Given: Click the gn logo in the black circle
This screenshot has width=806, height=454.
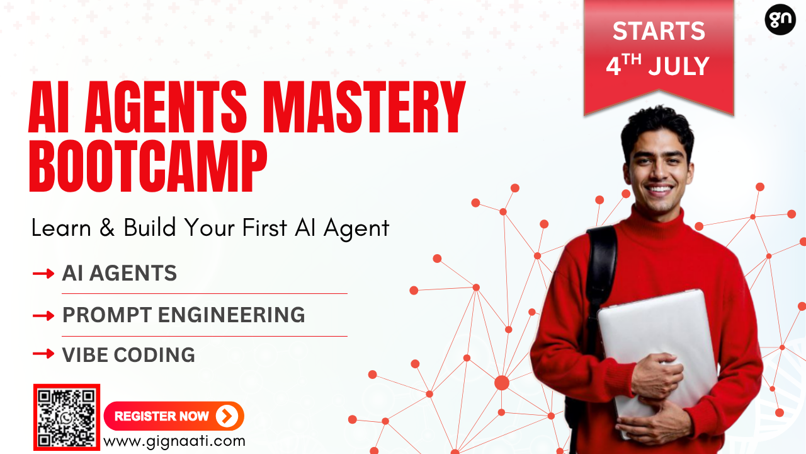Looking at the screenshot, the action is coord(780,20).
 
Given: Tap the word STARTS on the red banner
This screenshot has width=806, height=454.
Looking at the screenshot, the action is coord(659,31).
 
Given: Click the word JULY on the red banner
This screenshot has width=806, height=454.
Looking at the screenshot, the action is coord(679,66).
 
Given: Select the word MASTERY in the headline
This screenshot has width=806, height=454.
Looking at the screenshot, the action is coord(364,107).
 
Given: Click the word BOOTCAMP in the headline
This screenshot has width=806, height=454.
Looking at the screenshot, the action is coord(148,166).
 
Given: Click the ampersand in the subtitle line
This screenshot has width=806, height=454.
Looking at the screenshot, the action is coord(107,228).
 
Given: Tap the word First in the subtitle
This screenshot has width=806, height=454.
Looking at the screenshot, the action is coord(264,228).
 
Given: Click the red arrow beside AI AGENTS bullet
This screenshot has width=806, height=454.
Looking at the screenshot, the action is coord(43,274).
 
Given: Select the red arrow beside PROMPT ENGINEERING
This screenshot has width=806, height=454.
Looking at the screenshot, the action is coord(43,316).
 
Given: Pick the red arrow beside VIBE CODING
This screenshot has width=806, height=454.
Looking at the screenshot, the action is coord(43,354).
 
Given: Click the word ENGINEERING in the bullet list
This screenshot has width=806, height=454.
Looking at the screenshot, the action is coord(231,315).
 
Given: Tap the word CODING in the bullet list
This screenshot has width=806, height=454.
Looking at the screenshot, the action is coord(154,355).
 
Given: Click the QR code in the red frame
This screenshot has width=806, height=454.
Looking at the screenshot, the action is coord(67,417).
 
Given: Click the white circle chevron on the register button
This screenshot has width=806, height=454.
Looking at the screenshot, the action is coord(227,416).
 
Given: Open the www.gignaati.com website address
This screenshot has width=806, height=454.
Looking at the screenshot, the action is coord(174,441).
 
